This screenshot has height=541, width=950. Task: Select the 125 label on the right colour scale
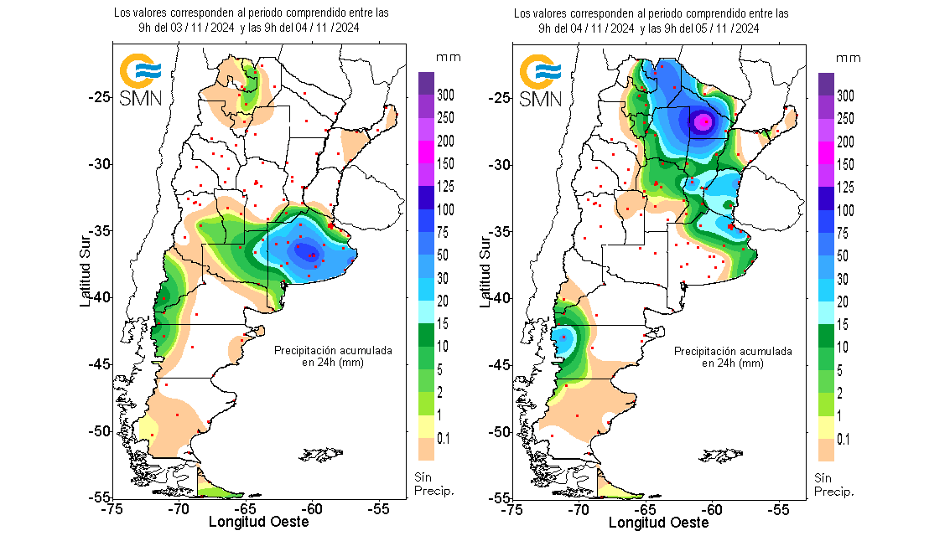845,187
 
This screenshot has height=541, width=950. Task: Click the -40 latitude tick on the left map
96,297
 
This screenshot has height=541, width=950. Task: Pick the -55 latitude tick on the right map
496,497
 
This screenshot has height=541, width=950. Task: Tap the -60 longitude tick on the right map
712,508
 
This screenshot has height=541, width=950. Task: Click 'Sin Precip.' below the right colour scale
834,484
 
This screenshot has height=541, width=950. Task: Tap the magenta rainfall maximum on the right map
704,121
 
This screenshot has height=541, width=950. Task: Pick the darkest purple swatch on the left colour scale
425,83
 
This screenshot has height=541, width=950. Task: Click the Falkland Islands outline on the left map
323,455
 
